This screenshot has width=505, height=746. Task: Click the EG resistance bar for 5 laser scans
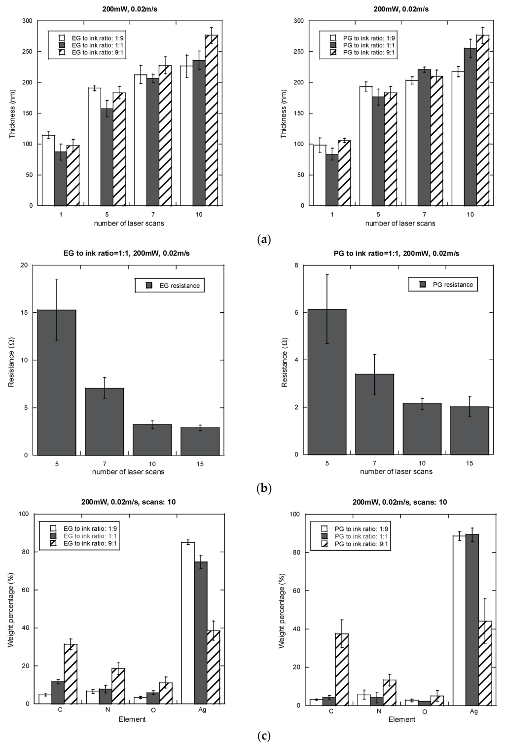pyautogui.click(x=57, y=382)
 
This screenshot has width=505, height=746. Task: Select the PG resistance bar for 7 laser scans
pyautogui.click(x=375, y=414)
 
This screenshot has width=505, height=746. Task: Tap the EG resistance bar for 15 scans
pyautogui.click(x=200, y=441)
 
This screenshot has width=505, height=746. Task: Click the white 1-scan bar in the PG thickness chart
pyautogui.click(x=320, y=175)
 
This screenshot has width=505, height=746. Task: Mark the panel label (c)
pyautogui.click(x=264, y=736)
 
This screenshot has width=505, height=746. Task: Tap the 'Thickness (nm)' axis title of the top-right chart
pyautogui.click(x=284, y=113)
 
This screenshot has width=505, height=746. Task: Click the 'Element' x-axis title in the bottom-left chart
pyautogui.click(x=132, y=719)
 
